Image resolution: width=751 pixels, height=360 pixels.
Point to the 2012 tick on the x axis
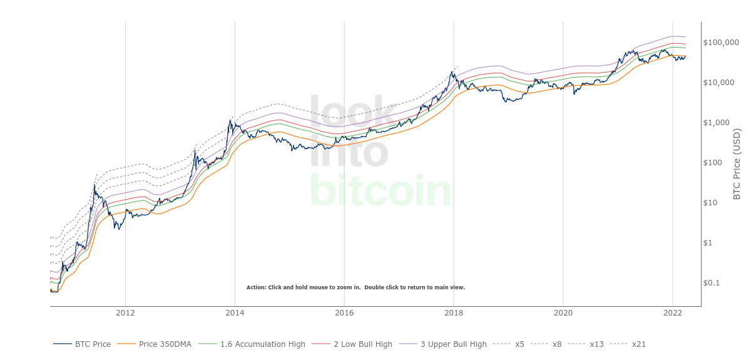(x=125, y=312)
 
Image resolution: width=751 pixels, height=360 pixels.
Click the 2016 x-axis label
(x=344, y=312)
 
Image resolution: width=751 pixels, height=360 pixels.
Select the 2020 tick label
(x=563, y=312)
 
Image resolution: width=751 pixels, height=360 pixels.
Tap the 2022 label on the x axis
(x=672, y=312)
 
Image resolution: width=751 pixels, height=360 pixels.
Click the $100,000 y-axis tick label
(x=721, y=43)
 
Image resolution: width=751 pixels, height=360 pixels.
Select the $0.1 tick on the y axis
(x=712, y=283)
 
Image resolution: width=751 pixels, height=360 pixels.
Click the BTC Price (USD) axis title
(x=737, y=164)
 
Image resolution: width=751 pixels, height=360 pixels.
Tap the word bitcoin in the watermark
(x=380, y=191)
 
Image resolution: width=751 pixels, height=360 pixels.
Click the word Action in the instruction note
(x=256, y=287)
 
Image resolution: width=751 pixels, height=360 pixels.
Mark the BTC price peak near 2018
(x=452, y=71)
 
